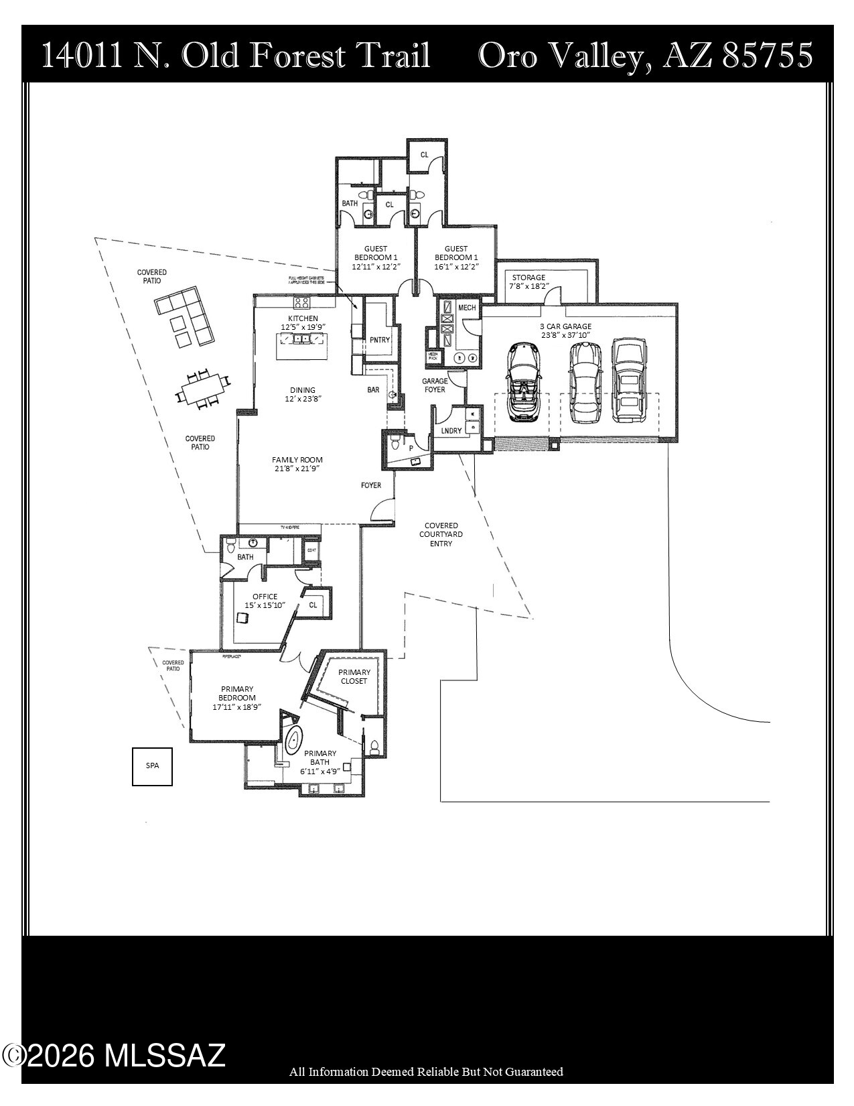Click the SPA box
[152, 765]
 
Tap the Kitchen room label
[303, 322]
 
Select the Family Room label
[297, 464]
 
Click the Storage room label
[528, 282]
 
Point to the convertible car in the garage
[521, 382]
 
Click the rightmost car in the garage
[630, 380]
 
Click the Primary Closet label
[354, 676]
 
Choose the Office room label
[265, 601]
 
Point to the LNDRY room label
[451, 430]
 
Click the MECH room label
[467, 308]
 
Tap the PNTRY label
[380, 340]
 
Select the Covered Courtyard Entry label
[441, 534]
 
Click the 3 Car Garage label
[566, 330]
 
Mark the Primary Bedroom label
[236, 697]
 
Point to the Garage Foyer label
[434, 385]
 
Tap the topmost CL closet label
[424, 155]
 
